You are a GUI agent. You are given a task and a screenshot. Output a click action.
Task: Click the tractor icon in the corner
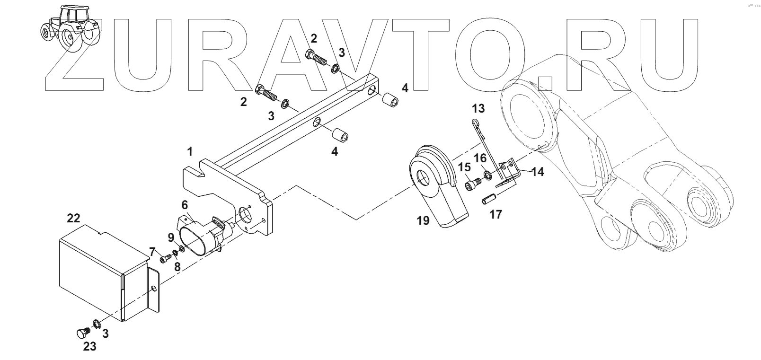point(70,27)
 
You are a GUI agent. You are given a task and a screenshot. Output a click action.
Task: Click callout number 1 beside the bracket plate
point(190,152)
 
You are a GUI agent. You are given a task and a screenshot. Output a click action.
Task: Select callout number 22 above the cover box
point(73,218)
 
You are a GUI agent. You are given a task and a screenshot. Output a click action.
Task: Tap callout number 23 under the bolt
point(89,347)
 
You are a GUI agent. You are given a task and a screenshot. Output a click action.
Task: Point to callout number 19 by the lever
point(423,220)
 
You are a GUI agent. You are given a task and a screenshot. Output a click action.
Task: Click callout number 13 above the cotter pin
point(478,108)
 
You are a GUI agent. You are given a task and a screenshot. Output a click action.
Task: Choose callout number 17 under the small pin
point(496,214)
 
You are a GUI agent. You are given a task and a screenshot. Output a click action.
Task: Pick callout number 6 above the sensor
point(185,205)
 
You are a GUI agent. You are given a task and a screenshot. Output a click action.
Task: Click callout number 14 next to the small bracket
point(537,171)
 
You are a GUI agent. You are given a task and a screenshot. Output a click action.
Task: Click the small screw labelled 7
point(164,259)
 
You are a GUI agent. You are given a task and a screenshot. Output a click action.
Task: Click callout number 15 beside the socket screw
point(464,167)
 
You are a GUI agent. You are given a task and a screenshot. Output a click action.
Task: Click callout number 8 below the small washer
point(177,267)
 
